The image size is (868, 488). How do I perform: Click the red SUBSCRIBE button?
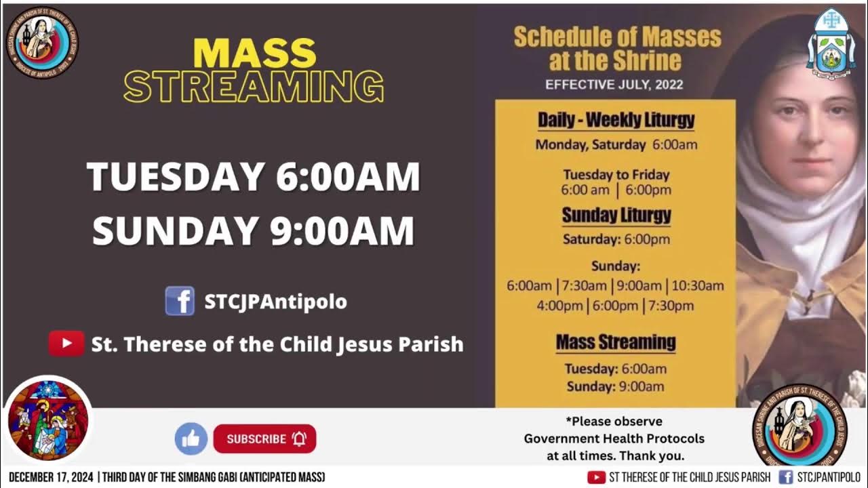[264, 439]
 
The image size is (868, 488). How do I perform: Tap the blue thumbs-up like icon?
[191, 439]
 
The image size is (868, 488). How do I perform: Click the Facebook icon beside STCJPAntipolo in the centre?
[180, 301]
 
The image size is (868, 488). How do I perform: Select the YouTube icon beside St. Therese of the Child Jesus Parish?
[66, 344]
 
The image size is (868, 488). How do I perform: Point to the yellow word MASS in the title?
[255, 53]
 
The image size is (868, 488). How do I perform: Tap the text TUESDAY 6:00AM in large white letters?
[253, 177]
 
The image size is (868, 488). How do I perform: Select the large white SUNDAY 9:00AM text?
[253, 230]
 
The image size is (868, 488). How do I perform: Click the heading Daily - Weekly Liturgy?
[616, 121]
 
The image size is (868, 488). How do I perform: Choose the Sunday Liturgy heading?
[616, 216]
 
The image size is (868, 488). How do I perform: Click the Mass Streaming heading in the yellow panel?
[616, 342]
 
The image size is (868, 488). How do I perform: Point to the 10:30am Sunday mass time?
[698, 286]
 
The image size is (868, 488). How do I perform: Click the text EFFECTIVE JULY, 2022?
[614, 85]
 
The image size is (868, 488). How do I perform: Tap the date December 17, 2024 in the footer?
[52, 477]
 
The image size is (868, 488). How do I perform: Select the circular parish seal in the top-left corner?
[42, 42]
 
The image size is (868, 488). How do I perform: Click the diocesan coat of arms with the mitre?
[830, 43]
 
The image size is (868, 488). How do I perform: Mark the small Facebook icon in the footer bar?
[785, 477]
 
